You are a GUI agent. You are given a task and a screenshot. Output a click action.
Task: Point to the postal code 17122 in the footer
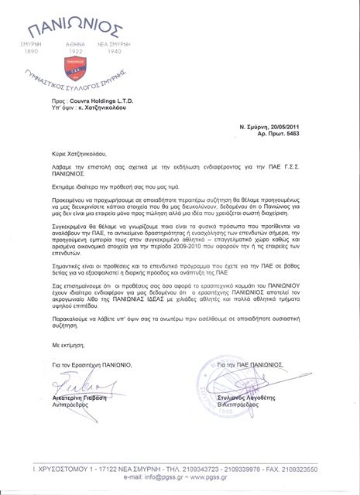tap(105, 468)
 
